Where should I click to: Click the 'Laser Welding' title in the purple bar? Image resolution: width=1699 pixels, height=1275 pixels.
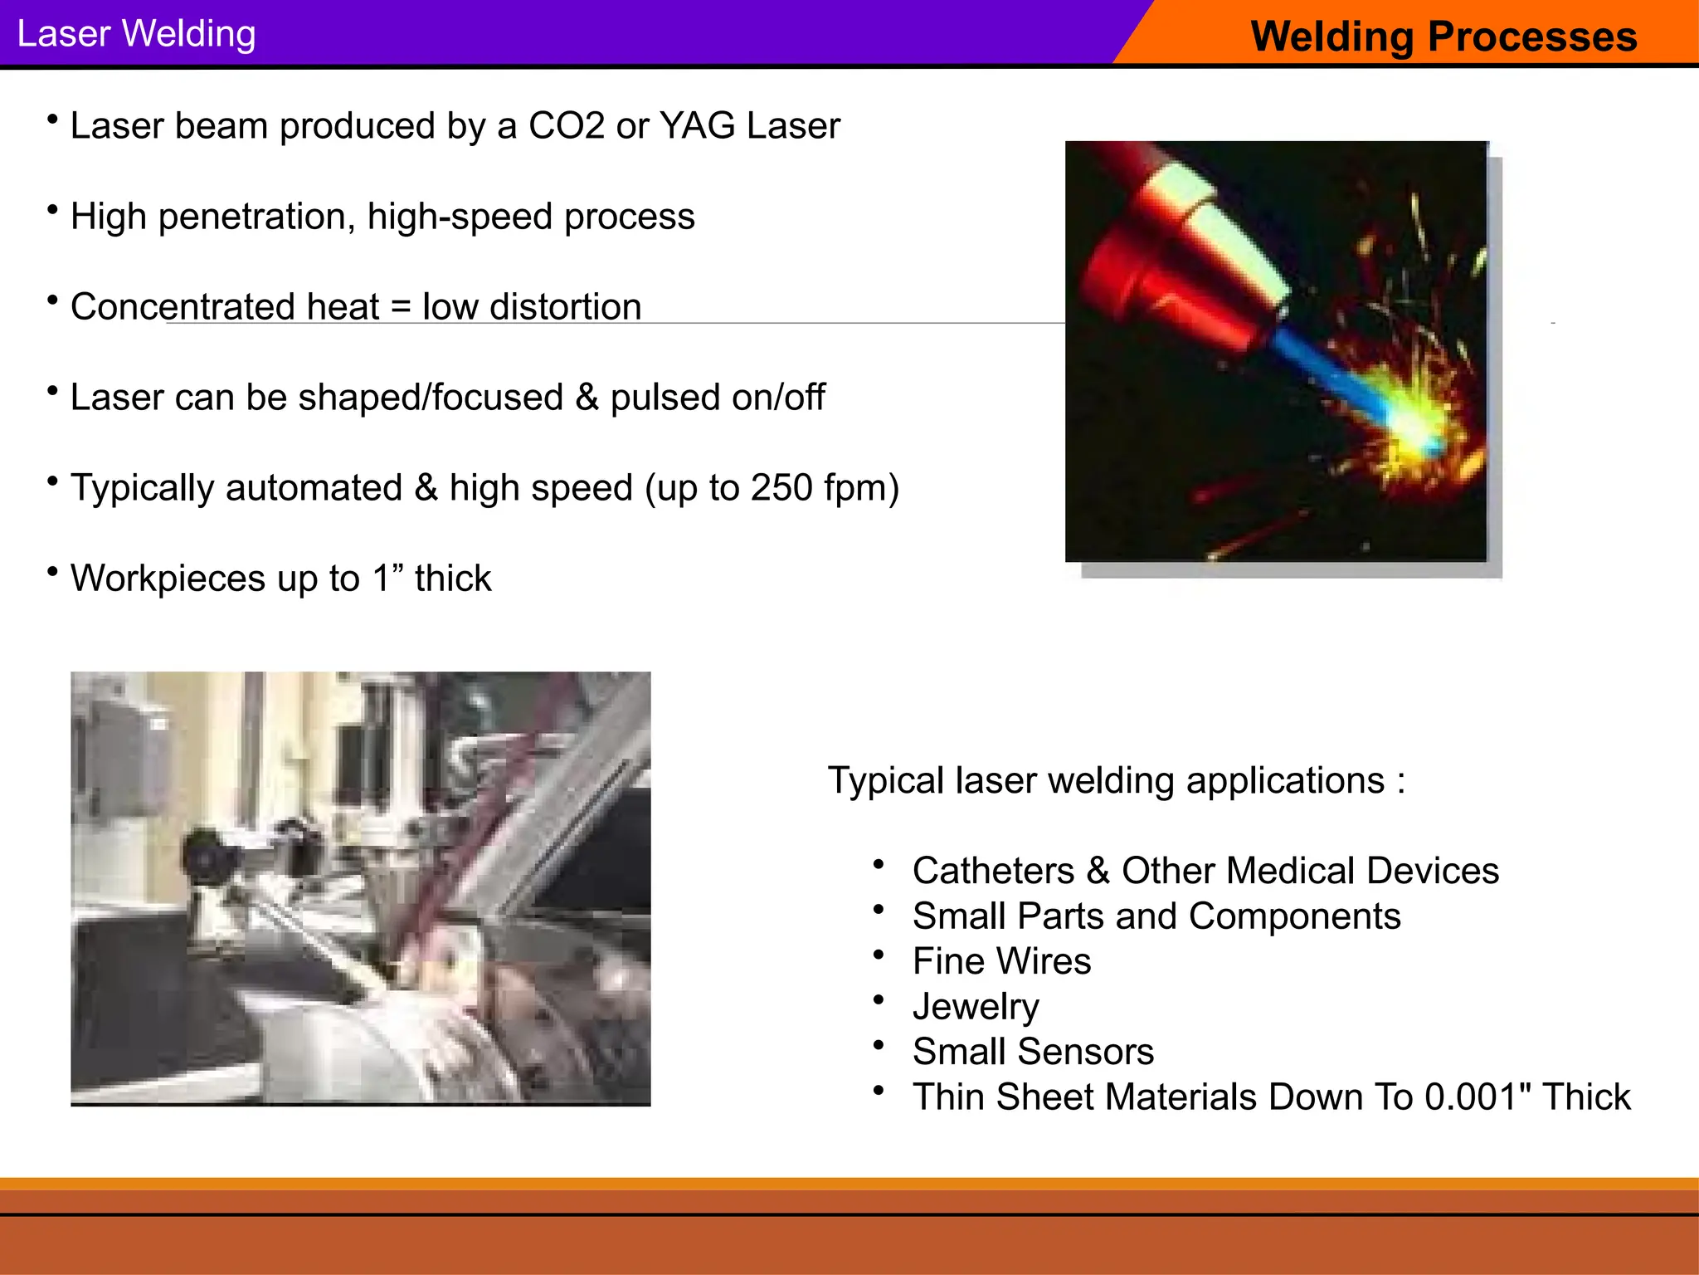[x=136, y=34]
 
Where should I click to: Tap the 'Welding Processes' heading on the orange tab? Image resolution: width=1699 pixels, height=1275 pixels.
[x=1443, y=37]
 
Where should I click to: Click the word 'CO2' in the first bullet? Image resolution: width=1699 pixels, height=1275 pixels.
[x=567, y=126]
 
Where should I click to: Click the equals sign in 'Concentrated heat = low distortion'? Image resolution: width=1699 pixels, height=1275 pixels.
[x=401, y=308]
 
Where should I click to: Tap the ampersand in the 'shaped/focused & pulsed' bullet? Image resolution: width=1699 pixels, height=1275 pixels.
[x=587, y=398]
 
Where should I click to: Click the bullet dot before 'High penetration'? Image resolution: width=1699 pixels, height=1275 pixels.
[x=52, y=210]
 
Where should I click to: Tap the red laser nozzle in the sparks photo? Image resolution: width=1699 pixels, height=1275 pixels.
[x=1161, y=274]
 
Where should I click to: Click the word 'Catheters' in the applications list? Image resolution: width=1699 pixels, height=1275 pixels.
[x=993, y=871]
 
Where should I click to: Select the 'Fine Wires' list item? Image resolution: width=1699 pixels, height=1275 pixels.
[x=1001, y=961]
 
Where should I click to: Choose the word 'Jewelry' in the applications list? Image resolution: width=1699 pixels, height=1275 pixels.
[x=976, y=1007]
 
